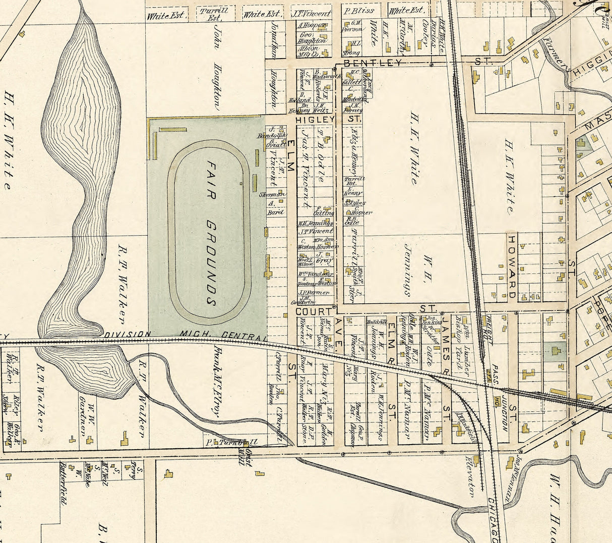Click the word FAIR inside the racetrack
[x=211, y=180]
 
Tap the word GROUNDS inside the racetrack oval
[x=211, y=262]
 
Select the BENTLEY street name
[x=373, y=63]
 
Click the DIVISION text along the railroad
[x=128, y=334]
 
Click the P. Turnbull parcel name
[x=232, y=442]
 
